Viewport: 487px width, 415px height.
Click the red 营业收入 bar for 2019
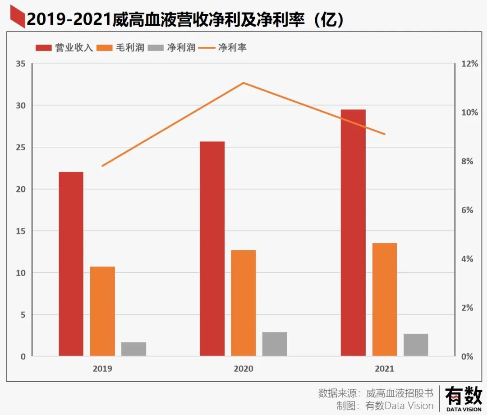pos(71,264)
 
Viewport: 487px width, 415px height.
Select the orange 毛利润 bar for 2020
pos(243,303)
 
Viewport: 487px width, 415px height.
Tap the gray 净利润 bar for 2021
pos(416,345)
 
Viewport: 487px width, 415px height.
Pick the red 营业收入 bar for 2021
pos(353,233)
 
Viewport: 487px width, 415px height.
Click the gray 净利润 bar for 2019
pos(133,349)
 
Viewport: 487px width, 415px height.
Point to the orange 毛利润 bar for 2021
pos(385,299)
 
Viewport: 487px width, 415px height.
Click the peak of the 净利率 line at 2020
pos(243,83)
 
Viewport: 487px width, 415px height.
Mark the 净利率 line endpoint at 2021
pos(385,134)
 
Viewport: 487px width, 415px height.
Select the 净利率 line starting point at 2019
pos(103,166)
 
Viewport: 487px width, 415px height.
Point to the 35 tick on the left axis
pos(20,64)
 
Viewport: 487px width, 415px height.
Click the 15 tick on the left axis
pos(20,231)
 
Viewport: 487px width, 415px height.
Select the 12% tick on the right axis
pos(469,64)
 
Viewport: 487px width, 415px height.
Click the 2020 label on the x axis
pos(243,369)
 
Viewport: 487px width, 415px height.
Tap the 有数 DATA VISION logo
pos(464,399)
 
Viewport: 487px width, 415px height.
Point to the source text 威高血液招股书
pos(400,393)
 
